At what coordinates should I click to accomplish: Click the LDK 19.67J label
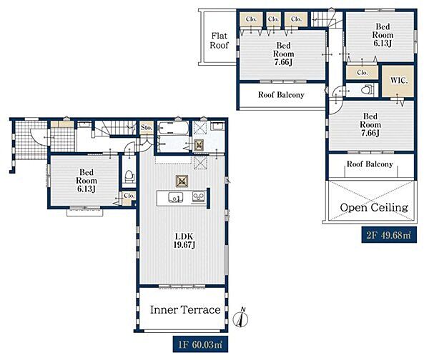(x=184, y=241)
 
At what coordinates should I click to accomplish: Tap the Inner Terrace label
(x=185, y=310)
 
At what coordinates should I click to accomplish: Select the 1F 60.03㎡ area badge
(x=200, y=344)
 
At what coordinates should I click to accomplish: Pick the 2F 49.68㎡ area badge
(x=389, y=235)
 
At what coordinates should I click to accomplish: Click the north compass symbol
(x=241, y=318)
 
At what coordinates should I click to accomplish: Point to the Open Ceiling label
(x=374, y=207)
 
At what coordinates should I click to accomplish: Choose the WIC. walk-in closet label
(x=399, y=81)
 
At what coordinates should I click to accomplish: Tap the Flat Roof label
(x=220, y=41)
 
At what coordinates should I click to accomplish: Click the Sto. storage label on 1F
(x=147, y=128)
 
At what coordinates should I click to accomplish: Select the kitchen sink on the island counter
(x=175, y=197)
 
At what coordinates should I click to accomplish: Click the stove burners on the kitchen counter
(x=199, y=196)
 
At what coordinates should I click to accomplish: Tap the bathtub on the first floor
(x=174, y=128)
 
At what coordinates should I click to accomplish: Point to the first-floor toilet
(x=129, y=176)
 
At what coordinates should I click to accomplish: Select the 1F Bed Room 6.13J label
(x=87, y=181)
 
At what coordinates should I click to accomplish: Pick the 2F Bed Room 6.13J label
(x=383, y=35)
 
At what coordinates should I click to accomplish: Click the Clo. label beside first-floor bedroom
(x=129, y=196)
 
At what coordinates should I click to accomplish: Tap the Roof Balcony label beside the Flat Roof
(x=281, y=95)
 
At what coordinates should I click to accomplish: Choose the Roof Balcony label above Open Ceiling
(x=370, y=164)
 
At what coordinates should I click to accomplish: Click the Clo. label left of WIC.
(x=363, y=73)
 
